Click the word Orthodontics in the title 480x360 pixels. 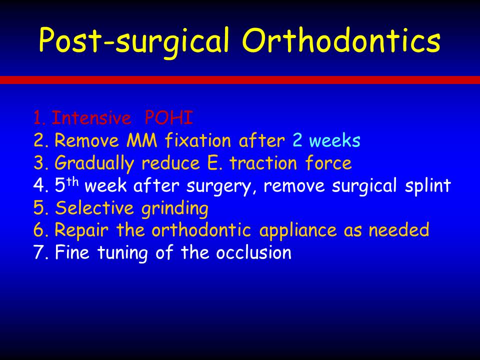tap(341, 40)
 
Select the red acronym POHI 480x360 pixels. tap(168, 117)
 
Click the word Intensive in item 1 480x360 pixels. tap(91, 117)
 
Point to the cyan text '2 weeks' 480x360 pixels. tap(326, 140)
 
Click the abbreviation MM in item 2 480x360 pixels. tap(141, 140)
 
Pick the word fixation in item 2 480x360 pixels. tap(198, 140)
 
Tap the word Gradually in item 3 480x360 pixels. tap(94, 163)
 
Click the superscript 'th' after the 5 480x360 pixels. tap(72, 182)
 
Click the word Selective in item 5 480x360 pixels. tap(94, 207)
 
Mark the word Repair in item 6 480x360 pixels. tap(81, 230)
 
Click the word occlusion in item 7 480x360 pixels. tap(253, 252)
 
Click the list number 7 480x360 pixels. tap(39, 253)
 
